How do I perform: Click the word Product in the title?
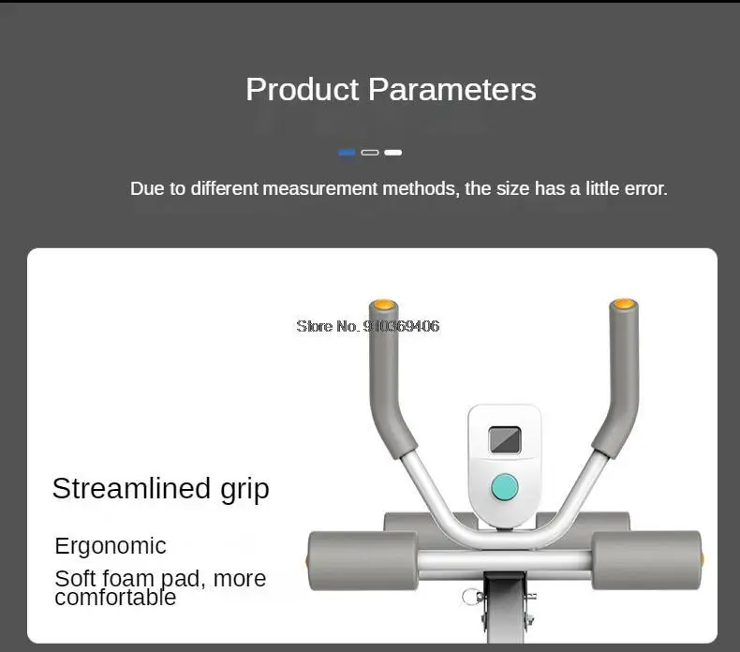(303, 89)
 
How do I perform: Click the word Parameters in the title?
(452, 89)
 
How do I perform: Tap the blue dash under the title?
(347, 153)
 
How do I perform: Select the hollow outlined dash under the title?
(370, 153)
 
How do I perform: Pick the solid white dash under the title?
(393, 153)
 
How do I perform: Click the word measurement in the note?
(320, 188)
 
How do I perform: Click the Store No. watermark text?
(367, 326)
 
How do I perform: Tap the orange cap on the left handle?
(383, 304)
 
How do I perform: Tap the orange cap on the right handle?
(624, 304)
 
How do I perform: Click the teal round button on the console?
(505, 487)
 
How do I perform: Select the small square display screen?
(505, 440)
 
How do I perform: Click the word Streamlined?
(131, 488)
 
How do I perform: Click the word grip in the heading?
(244, 490)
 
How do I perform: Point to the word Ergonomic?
(111, 547)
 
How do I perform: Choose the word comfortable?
(115, 598)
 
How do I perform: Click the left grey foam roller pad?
(363, 560)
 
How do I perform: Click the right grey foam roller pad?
(646, 560)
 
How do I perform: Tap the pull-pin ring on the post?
(470, 597)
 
